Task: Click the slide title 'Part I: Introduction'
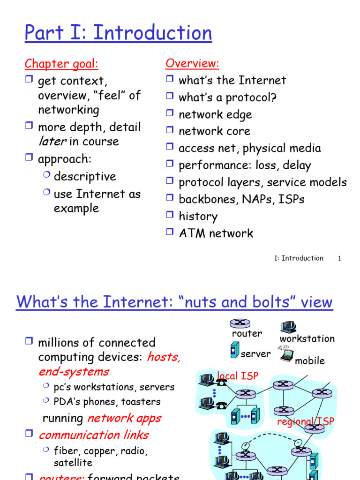click(x=118, y=33)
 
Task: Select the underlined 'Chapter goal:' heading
click(x=61, y=64)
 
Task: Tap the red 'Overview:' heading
click(x=192, y=64)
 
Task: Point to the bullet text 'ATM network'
click(x=216, y=233)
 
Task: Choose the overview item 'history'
click(x=198, y=217)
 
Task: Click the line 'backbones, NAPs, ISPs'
click(x=241, y=199)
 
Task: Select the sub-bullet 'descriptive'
click(x=85, y=177)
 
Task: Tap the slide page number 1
click(x=339, y=258)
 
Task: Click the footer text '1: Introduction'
click(x=299, y=258)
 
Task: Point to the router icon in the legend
click(x=240, y=323)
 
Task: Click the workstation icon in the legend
click(x=287, y=327)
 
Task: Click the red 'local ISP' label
click(x=238, y=375)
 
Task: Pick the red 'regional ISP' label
click(x=306, y=421)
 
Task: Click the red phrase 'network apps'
click(x=124, y=418)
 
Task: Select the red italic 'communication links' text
click(x=93, y=435)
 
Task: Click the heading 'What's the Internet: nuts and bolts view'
click(x=174, y=302)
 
